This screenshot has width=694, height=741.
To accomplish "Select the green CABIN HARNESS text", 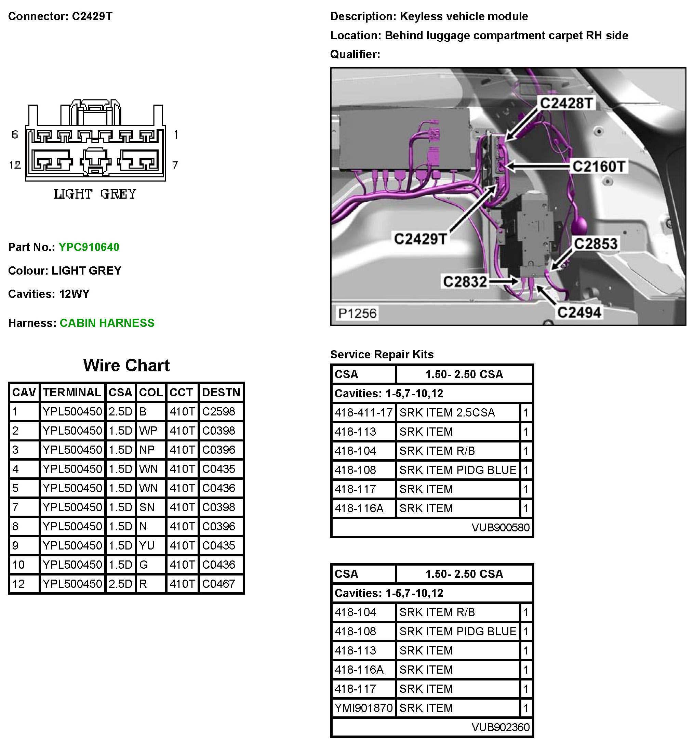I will pos(107,323).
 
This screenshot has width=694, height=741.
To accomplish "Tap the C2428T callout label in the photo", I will pos(566,103).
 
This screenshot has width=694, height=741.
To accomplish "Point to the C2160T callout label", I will pos(598,166).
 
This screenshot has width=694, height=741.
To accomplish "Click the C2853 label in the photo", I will pos(595,244).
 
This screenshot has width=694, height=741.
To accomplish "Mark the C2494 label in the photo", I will pos(579,312).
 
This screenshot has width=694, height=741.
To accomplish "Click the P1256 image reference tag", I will pos(357,313).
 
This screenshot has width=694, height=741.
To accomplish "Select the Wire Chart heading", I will pos(126,365).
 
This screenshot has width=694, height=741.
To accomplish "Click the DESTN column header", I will pos(221,392).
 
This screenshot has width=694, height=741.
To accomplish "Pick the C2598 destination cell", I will pos(218,411).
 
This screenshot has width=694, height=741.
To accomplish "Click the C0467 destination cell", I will pos(218,584).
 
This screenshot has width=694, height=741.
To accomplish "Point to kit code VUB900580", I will pos(500,527).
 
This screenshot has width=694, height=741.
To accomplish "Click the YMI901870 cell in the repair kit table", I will pos(363,708).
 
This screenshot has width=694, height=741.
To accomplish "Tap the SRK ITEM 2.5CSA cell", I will pos(447,413).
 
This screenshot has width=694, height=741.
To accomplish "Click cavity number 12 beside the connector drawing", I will pos(15,165).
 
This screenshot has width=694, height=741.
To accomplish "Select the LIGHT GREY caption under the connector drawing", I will pos(95,194).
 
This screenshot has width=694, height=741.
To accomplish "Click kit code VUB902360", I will pos(500,727).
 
